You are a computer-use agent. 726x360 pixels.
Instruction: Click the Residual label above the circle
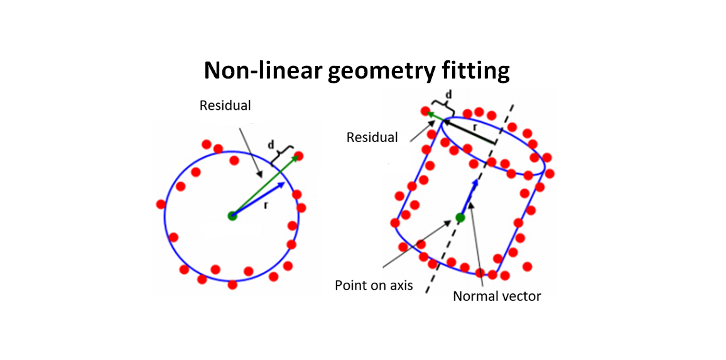(225, 106)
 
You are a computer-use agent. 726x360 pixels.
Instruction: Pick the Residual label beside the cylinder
(372, 137)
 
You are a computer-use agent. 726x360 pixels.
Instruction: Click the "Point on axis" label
(374, 285)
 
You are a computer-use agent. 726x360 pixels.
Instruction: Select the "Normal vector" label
(497, 296)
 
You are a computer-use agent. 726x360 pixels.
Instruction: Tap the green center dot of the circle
(232, 216)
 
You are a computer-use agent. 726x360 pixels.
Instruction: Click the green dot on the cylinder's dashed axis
(460, 217)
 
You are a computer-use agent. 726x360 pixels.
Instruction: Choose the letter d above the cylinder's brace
(448, 95)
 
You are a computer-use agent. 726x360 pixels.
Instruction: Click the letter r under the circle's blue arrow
(266, 205)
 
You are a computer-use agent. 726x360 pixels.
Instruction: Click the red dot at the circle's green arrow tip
(298, 156)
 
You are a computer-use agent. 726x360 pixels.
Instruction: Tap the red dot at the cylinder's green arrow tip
(425, 111)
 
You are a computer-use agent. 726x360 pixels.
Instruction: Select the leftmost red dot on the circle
(161, 204)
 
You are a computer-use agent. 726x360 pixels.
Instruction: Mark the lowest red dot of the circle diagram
(232, 285)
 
